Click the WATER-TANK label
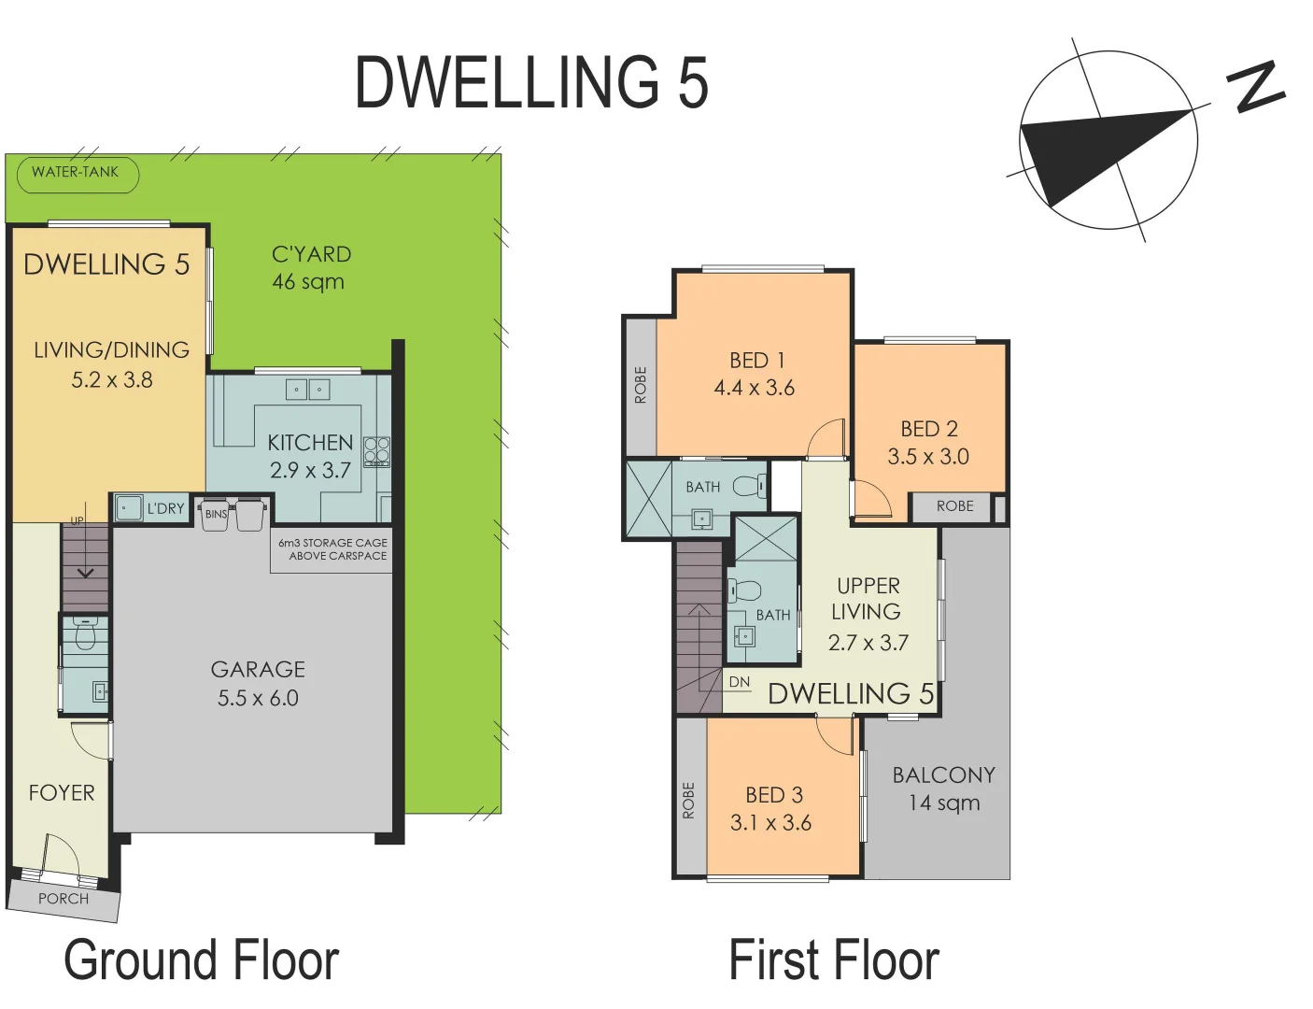click(76, 172)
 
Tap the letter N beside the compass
click(1258, 88)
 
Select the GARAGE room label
click(258, 669)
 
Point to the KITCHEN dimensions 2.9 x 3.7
click(310, 470)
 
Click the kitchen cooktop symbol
click(376, 451)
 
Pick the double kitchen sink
click(307, 389)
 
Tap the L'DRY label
click(165, 508)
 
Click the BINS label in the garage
click(216, 514)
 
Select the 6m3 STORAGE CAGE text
click(332, 543)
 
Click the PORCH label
click(64, 899)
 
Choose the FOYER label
click(62, 793)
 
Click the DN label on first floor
click(740, 682)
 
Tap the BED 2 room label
click(929, 429)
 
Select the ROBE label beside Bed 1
click(641, 385)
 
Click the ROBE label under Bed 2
click(954, 505)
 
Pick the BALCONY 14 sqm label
click(944, 789)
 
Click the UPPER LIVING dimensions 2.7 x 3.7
click(868, 643)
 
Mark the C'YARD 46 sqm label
click(310, 267)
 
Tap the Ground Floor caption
click(202, 960)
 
